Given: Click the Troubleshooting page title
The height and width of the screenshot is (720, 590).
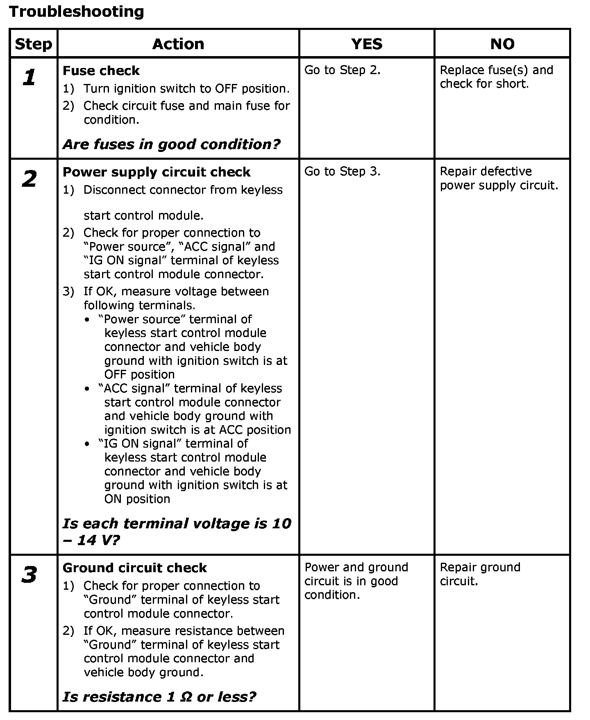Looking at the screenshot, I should pyautogui.click(x=76, y=11).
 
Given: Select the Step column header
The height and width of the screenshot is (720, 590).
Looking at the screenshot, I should pyautogui.click(x=34, y=44).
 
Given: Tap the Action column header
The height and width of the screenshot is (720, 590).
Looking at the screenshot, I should pyautogui.click(x=178, y=44).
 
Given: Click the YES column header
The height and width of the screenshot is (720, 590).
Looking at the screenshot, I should pyautogui.click(x=367, y=44).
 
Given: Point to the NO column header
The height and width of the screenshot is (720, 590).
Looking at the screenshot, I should pyautogui.click(x=502, y=44).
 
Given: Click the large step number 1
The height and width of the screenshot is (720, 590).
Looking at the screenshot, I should pyautogui.click(x=29, y=77).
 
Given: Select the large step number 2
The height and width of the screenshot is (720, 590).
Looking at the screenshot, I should pyautogui.click(x=29, y=179).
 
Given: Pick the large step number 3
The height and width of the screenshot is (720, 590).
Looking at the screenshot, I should pyautogui.click(x=29, y=575).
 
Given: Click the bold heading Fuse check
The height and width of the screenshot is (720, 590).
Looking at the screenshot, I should pyautogui.click(x=101, y=71).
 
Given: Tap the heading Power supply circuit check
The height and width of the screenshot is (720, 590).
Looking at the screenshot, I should pyautogui.click(x=157, y=172).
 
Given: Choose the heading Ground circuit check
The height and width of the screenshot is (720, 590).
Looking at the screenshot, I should pyautogui.click(x=135, y=568).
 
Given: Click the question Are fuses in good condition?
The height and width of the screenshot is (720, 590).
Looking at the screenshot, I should pyautogui.click(x=172, y=144).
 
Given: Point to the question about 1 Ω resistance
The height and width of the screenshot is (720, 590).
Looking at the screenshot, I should pyautogui.click(x=159, y=697).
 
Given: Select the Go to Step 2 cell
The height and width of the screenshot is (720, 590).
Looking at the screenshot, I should pyautogui.click(x=343, y=70).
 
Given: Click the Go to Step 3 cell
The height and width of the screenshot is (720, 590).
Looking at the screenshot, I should pyautogui.click(x=343, y=171).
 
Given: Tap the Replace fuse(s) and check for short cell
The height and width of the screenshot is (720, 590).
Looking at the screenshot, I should pyautogui.click(x=496, y=77).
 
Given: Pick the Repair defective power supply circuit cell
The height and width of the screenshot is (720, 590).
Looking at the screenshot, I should pyautogui.click(x=499, y=178).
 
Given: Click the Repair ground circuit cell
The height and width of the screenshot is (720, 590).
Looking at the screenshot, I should pyautogui.click(x=480, y=574).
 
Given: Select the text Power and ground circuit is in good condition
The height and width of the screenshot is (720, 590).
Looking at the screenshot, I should pyautogui.click(x=356, y=581).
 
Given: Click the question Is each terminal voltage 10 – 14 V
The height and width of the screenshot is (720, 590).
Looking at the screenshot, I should pyautogui.click(x=177, y=532).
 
